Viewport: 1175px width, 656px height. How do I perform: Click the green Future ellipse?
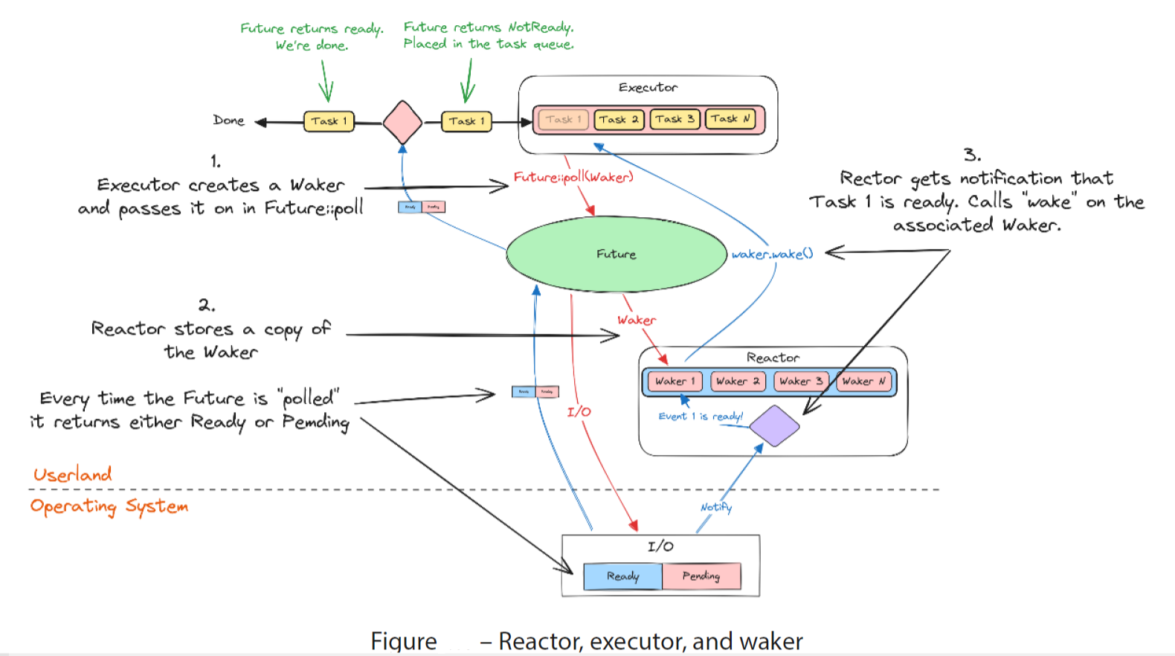tap(616, 254)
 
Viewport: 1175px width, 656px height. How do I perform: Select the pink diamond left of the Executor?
tap(402, 122)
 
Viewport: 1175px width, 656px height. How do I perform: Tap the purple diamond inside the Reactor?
tap(774, 426)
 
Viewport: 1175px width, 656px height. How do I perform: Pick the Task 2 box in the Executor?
tap(619, 119)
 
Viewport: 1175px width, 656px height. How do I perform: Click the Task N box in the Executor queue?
tap(730, 119)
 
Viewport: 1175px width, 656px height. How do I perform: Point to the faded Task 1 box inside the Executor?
tap(562, 119)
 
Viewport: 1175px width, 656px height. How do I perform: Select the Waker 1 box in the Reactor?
tap(675, 382)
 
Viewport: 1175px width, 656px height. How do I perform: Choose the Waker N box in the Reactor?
tap(863, 382)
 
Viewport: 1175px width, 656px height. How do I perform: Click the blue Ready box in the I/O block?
tap(622, 576)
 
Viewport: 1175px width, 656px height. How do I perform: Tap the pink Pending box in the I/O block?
tap(701, 576)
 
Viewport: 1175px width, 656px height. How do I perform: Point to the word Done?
tap(228, 120)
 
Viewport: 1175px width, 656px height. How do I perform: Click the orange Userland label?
tap(72, 475)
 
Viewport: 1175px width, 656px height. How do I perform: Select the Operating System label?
tap(109, 507)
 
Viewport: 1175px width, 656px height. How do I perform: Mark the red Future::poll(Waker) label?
tap(573, 177)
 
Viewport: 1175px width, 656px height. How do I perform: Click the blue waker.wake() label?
tap(772, 254)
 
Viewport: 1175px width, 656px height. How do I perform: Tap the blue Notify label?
tap(715, 507)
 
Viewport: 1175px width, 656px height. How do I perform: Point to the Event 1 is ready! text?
tap(701, 417)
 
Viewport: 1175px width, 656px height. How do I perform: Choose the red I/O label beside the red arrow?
tap(579, 411)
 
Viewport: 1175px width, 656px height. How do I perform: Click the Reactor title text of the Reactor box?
tap(773, 358)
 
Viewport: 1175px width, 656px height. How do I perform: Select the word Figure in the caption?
tap(404, 641)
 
